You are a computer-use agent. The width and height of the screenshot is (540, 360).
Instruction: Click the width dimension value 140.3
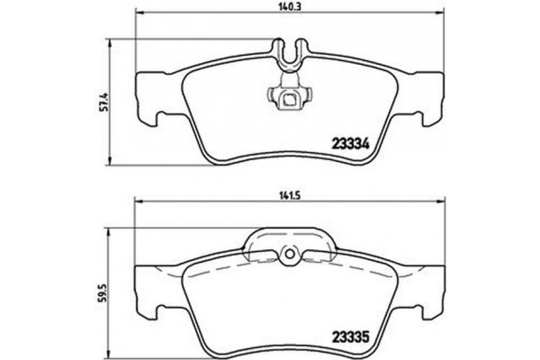point(287,7)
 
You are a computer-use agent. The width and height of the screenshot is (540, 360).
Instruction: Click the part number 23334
point(354,141)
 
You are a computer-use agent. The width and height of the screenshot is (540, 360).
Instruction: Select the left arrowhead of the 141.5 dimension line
point(138,202)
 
